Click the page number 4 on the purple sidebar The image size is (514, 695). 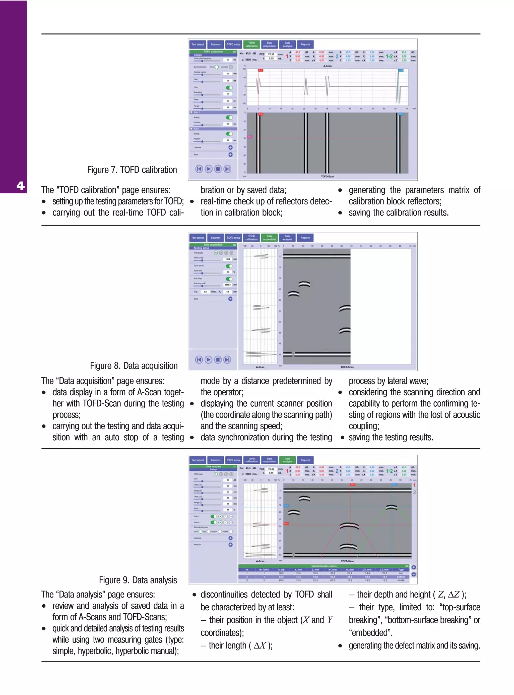[20, 186]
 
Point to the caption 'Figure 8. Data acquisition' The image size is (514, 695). [134, 365]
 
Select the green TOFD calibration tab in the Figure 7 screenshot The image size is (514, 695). [251, 44]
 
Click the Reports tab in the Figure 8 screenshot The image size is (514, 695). [305, 238]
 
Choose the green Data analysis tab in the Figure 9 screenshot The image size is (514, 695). [287, 460]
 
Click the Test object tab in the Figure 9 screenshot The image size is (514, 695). [198, 460]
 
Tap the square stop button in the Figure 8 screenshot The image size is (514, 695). [218, 360]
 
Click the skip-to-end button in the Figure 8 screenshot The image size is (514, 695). [227, 360]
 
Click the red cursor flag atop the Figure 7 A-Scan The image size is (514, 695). [261, 70]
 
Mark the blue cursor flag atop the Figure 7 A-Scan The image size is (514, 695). [401, 70]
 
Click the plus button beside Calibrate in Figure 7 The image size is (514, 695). [230, 147]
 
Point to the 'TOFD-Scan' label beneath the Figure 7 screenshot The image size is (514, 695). [327, 177]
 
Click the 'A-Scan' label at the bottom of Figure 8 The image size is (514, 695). [260, 367]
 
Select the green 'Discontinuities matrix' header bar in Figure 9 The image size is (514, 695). [324, 566]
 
